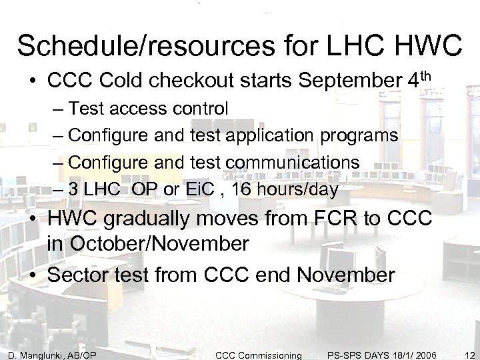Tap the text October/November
[x=148, y=243]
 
